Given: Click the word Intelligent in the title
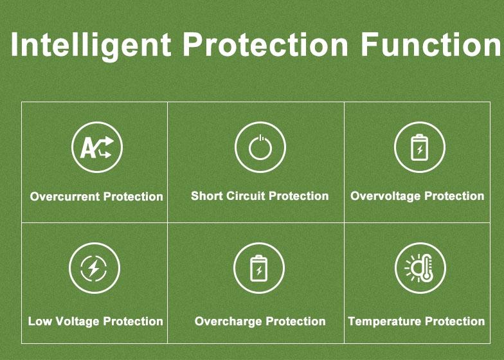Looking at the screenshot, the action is tap(91, 45).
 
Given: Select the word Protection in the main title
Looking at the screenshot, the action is tap(266, 44).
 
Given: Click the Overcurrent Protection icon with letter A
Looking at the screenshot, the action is tap(97, 147).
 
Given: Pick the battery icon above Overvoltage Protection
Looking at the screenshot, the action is tap(420, 147).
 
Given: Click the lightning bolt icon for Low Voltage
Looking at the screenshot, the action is tap(94, 267).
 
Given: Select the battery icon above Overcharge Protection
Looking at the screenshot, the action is tap(258, 268).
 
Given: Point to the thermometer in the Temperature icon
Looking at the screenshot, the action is tap(427, 267).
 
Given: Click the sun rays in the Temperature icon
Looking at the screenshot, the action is tap(409, 269).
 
